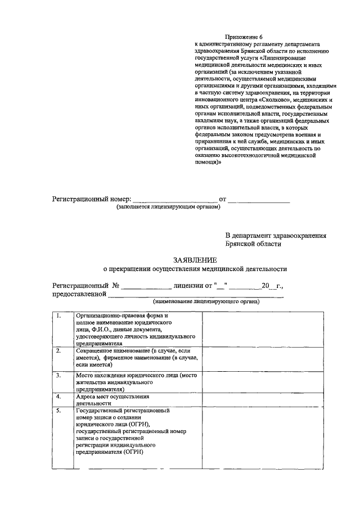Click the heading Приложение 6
[238, 35]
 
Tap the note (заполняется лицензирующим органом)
[169, 206]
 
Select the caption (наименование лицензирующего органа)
[206, 302]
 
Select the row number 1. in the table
[58, 316]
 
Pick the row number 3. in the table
[58, 375]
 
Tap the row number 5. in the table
[58, 411]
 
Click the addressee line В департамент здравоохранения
[276, 236]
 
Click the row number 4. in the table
[58, 397]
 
